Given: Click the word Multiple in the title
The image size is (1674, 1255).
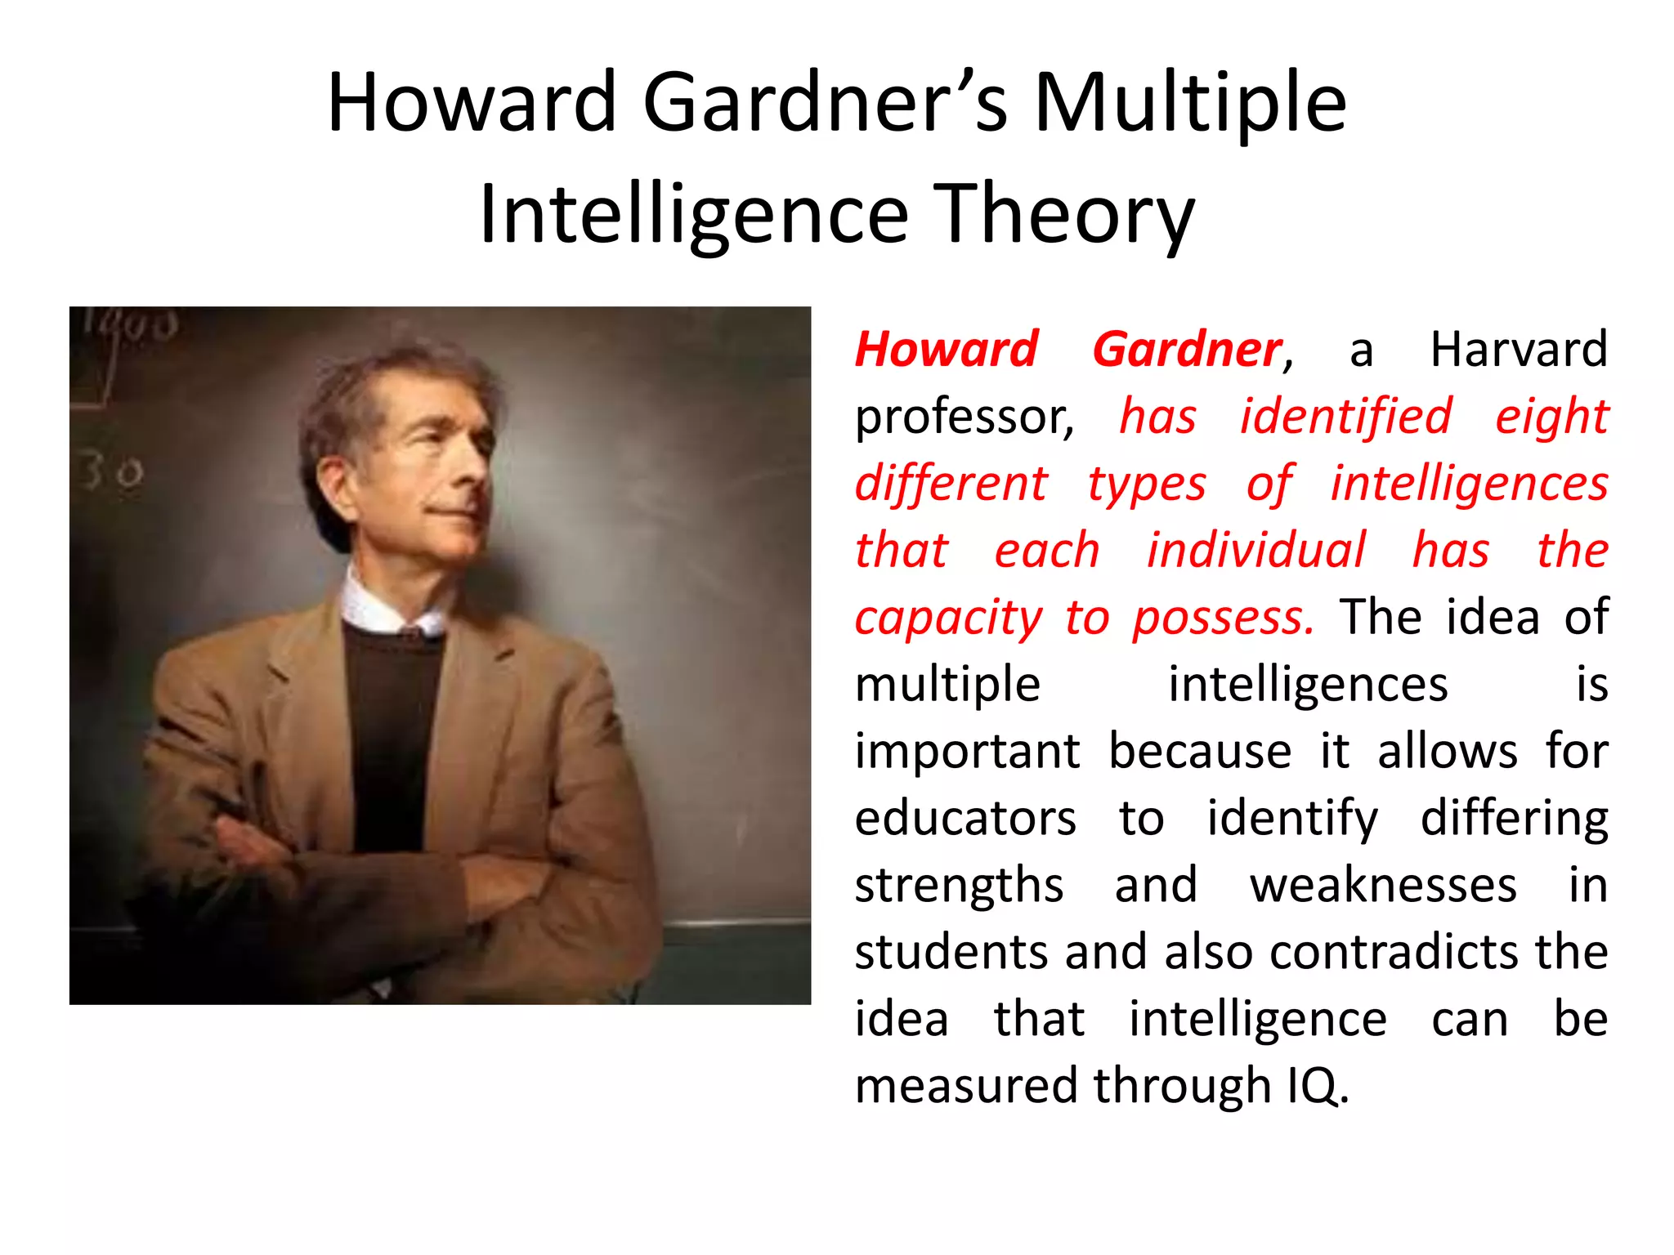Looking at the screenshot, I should pos(1190,103).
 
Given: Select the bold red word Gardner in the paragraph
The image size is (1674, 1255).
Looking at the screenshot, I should pos(1187,350).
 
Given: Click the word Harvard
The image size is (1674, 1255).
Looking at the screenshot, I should pos(1519,350).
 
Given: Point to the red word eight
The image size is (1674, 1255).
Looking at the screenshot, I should pos(1551,417).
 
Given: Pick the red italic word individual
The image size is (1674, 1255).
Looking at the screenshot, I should pos(1255,550).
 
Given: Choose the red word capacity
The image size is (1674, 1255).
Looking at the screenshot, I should pos(948,619).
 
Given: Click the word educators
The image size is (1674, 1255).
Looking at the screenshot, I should pos(965,818).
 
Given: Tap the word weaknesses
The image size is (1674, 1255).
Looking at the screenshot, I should pos(1383,885).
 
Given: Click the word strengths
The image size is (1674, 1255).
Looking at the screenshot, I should pos(959,886).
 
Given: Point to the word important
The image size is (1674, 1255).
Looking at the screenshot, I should pos(967,751).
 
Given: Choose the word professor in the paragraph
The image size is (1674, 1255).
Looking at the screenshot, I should pos(963,417).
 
